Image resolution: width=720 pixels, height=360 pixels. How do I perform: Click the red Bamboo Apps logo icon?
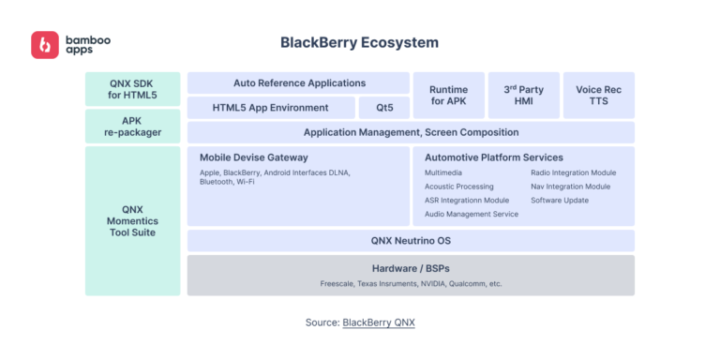pos(45,45)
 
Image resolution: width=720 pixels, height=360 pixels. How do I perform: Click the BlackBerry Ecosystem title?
pos(359,43)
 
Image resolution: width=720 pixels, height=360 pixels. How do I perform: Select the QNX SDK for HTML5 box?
pos(132,89)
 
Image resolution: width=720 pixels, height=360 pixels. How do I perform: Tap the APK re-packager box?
pos(132,126)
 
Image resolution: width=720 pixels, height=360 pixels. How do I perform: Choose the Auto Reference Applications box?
pos(298,82)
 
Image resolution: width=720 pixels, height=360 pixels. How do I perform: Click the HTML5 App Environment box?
pos(270,108)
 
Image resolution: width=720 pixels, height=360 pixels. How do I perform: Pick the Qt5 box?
pos(384,108)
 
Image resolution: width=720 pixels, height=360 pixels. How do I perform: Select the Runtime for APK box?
pos(449,95)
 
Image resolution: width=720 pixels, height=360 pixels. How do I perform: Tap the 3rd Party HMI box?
pos(523,95)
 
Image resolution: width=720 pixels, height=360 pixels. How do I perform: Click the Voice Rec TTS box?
pos(598,95)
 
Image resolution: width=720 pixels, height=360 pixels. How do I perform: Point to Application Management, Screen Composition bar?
pos(411,132)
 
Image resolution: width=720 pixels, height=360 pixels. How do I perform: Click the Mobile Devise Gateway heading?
pos(254,157)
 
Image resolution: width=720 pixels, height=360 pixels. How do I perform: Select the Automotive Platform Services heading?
pos(493,157)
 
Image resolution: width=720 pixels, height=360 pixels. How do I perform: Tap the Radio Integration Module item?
pos(573,172)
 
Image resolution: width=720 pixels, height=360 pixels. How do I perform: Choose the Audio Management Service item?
pos(471,214)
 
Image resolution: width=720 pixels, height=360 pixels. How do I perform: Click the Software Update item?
pos(560,200)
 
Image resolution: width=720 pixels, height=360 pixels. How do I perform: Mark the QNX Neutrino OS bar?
pos(411,241)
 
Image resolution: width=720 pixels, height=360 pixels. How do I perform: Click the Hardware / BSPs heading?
pos(411,267)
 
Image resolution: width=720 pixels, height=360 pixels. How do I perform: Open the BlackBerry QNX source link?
pos(378,322)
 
